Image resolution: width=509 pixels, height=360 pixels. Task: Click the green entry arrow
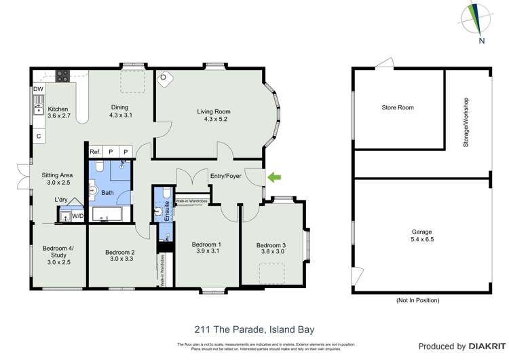pyautogui.click(x=274, y=178)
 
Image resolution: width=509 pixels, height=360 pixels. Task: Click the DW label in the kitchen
pyautogui.click(x=38, y=89)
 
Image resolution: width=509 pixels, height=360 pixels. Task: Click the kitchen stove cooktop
pyautogui.click(x=62, y=75)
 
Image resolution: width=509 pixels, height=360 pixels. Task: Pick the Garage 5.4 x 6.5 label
pyautogui.click(x=421, y=236)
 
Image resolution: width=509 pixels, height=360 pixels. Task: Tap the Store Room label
pyautogui.click(x=397, y=107)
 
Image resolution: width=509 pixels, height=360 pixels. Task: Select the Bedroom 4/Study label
pyautogui.click(x=58, y=253)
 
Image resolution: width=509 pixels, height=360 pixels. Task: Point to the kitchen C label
pyautogui.click(x=39, y=136)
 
